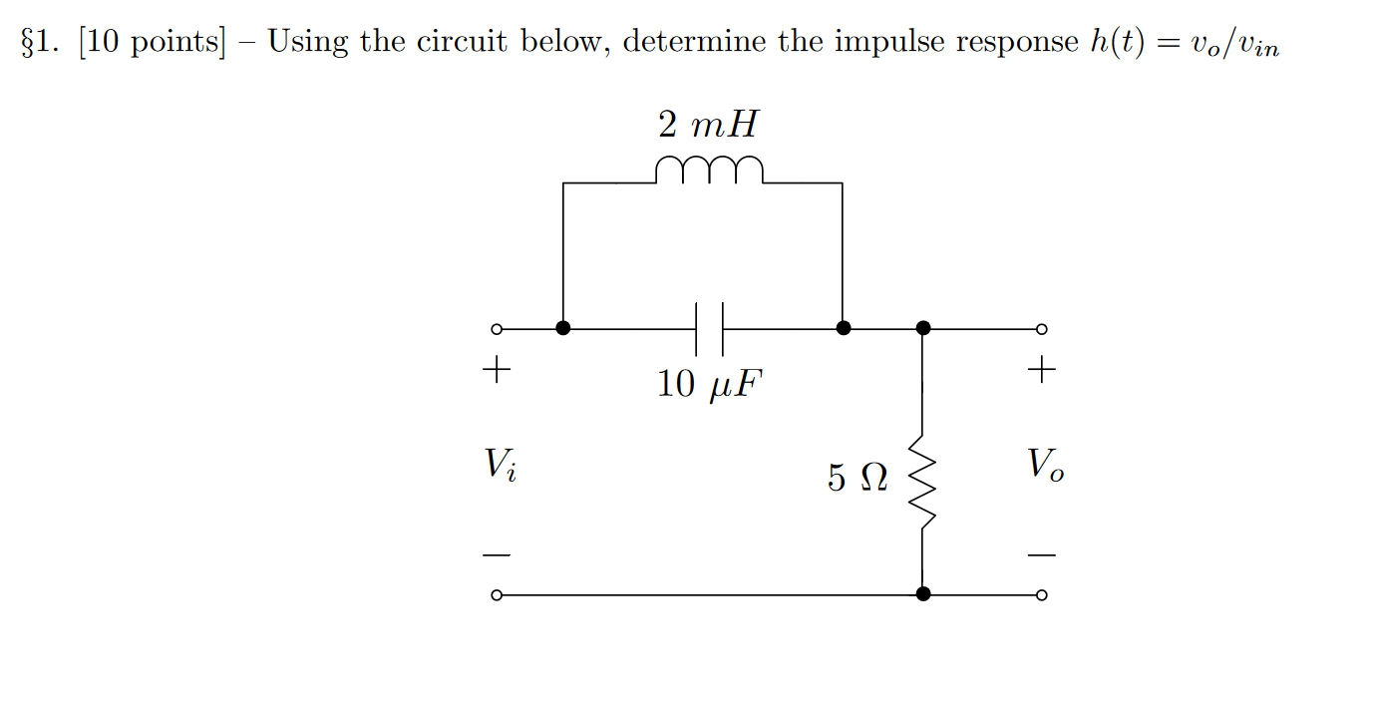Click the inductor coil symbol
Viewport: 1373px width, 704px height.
tap(709, 171)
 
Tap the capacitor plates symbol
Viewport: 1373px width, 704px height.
tap(709, 328)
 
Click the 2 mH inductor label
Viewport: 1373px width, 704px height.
tap(708, 125)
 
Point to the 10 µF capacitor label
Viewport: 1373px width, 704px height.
tap(708, 384)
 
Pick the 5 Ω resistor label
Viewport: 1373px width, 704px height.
tap(857, 479)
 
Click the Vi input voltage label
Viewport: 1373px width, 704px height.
tap(500, 464)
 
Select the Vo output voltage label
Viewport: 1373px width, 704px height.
tap(1044, 464)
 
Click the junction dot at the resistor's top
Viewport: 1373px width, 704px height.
tap(923, 328)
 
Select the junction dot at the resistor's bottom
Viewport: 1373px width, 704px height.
tap(923, 594)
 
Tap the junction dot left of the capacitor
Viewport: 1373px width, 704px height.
tap(563, 328)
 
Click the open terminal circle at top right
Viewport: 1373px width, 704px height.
tap(1041, 329)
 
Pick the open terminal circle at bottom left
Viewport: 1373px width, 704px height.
tap(496, 595)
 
